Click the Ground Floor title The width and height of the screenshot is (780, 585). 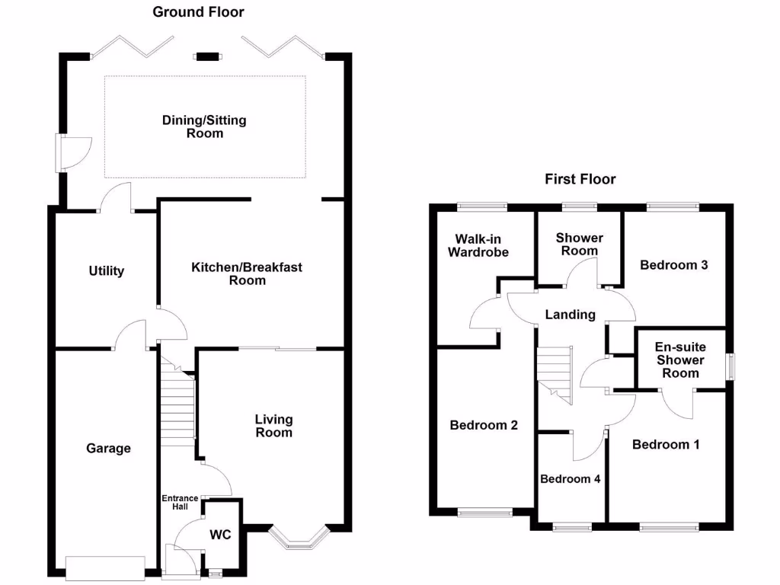pos(198,11)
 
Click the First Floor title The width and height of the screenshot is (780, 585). pos(580,179)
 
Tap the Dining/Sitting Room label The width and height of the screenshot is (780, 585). pos(204,126)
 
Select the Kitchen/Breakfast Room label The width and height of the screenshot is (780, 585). pos(247,273)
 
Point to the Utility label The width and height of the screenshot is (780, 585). pos(106,270)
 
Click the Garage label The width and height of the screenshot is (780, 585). pos(108,449)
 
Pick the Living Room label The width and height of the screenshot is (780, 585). pos(273,426)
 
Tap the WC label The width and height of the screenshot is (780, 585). pos(220,535)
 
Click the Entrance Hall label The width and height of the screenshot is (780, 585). pos(180,503)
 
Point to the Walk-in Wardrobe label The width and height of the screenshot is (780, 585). pos(478,245)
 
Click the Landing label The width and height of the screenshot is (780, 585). pos(571,314)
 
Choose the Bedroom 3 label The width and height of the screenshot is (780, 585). pos(674,265)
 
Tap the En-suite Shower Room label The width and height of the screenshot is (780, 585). pos(680,360)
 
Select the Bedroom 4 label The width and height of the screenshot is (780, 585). pos(571,479)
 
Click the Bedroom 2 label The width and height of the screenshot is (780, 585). pos(484,425)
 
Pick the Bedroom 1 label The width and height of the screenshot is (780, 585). pos(666,444)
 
